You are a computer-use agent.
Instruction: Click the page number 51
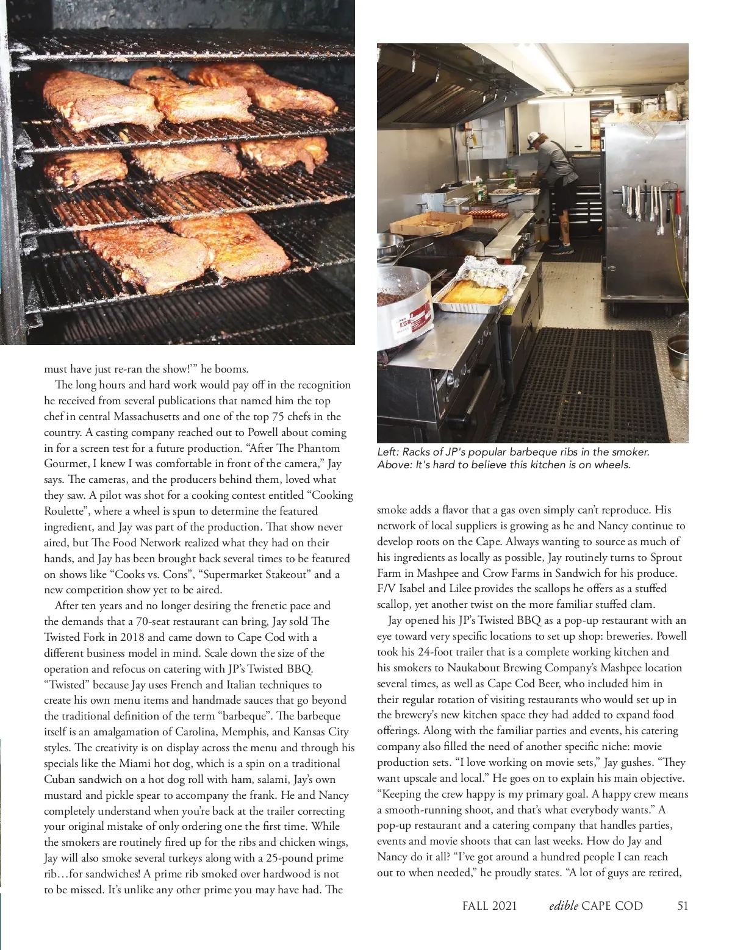coord(683,905)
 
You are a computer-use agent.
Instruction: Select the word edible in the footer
coord(563,905)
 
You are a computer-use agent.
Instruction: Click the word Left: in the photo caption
coord(387,452)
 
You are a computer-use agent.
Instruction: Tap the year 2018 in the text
coord(132,637)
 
